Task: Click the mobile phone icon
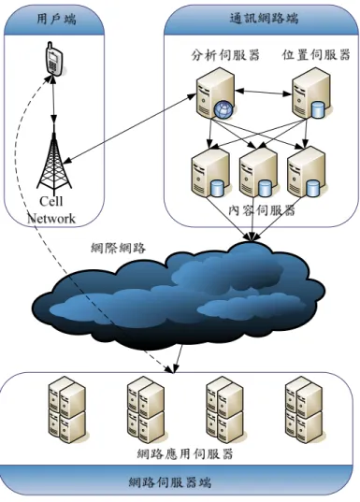pyautogui.click(x=53, y=58)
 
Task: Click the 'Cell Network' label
pyautogui.click(x=51, y=210)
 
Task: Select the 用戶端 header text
pyautogui.click(x=56, y=20)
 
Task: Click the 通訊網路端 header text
pyautogui.click(x=264, y=18)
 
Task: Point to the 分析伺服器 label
pyautogui.click(x=225, y=55)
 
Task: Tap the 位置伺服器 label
pyautogui.click(x=316, y=55)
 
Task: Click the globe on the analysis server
pyautogui.click(x=223, y=109)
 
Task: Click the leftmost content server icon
pyautogui.click(x=209, y=172)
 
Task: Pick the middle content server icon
pyautogui.click(x=258, y=172)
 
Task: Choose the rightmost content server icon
pyautogui.click(x=307, y=172)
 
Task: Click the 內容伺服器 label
pyautogui.click(x=262, y=210)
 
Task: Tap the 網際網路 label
pyautogui.click(x=118, y=248)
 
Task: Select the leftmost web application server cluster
pyautogui.click(x=67, y=410)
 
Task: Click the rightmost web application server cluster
pyautogui.click(x=304, y=409)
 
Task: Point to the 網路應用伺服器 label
pyautogui.click(x=185, y=454)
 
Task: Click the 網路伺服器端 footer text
pyautogui.click(x=170, y=481)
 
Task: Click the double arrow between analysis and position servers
pyautogui.click(x=264, y=93)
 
